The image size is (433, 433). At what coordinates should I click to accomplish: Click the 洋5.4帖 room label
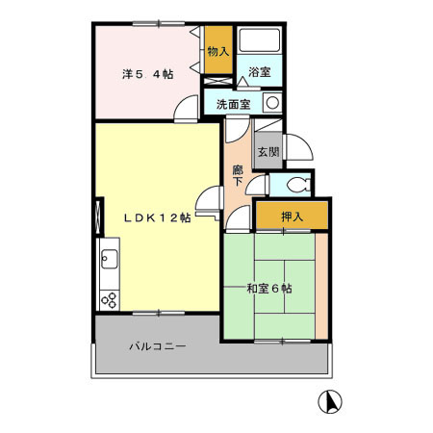[x=146, y=74]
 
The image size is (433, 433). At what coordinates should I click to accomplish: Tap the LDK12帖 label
[x=156, y=217]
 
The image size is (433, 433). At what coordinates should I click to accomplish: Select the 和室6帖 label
[x=267, y=288]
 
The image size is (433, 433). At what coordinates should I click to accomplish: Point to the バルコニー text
[x=157, y=345]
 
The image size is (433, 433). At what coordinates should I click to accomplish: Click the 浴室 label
[x=260, y=72]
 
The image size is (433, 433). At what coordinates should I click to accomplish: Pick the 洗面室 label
[x=232, y=103]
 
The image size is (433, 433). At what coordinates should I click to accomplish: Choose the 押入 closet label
[x=292, y=217]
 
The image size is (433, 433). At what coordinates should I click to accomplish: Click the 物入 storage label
[x=217, y=51]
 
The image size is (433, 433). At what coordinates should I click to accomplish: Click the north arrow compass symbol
[x=330, y=401]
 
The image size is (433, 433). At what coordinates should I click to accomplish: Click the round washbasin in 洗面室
[x=272, y=102]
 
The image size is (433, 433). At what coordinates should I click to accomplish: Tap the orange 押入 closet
[x=292, y=216]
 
